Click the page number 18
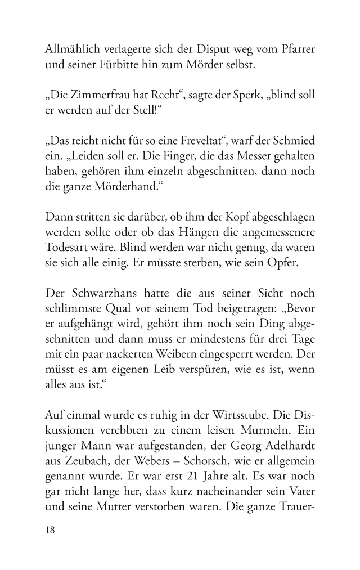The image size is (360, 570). [51, 531]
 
